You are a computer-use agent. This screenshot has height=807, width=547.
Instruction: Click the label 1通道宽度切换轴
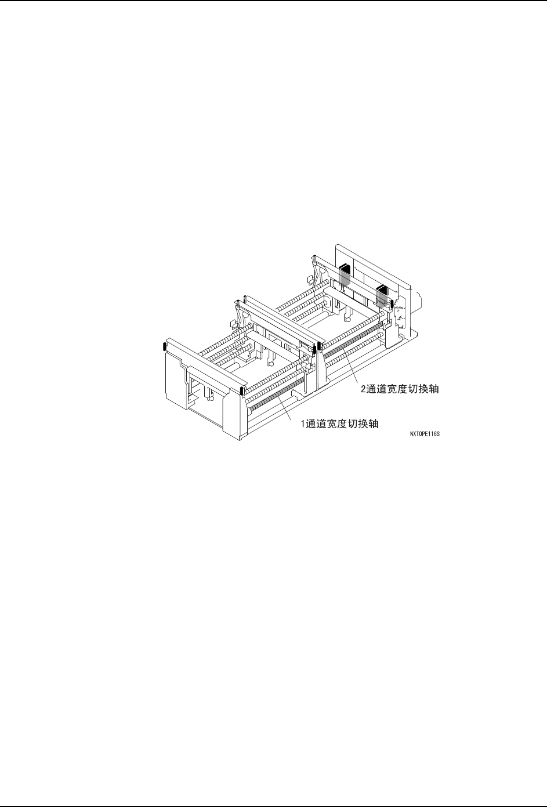tap(339, 424)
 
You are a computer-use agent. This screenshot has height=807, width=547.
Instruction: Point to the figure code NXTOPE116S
tap(424, 433)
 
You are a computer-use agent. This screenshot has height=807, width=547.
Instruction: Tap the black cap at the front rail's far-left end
tap(165, 347)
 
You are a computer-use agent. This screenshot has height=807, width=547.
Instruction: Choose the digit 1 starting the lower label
tap(302, 424)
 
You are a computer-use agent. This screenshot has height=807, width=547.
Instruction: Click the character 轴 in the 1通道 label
tap(374, 424)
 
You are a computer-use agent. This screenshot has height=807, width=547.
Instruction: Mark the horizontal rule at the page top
tap(273, 1)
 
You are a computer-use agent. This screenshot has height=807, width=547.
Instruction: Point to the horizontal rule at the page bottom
tap(273, 805)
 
